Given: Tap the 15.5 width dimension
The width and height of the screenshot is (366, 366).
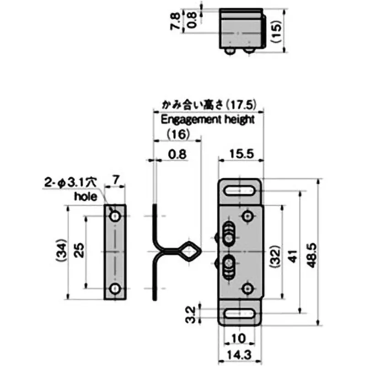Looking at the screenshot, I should tap(241, 154).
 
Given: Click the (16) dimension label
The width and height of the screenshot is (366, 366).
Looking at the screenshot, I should tap(178, 134).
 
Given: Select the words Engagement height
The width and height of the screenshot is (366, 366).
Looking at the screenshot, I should tap(207, 120).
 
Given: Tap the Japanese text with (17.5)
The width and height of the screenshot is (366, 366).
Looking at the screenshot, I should tap(206, 104).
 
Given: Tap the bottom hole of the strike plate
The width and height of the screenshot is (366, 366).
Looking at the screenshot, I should tap(115, 288).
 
